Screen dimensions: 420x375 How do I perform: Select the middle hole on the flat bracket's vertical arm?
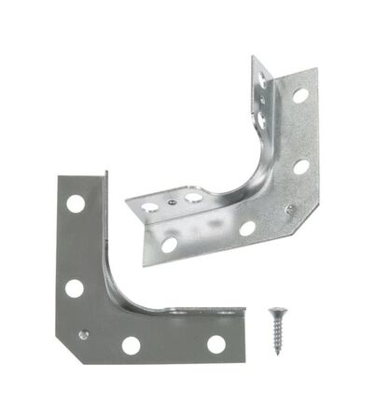74,287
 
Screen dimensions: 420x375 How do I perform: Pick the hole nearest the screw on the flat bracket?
215,344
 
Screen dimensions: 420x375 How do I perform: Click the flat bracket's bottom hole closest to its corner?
132,345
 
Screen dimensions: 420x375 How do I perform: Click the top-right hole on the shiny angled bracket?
300,94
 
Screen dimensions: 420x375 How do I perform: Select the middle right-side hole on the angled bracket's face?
301,167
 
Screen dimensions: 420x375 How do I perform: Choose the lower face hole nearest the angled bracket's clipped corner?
247,228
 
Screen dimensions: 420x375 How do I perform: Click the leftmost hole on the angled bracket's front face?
169,245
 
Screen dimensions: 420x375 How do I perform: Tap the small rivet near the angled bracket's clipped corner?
290,207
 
